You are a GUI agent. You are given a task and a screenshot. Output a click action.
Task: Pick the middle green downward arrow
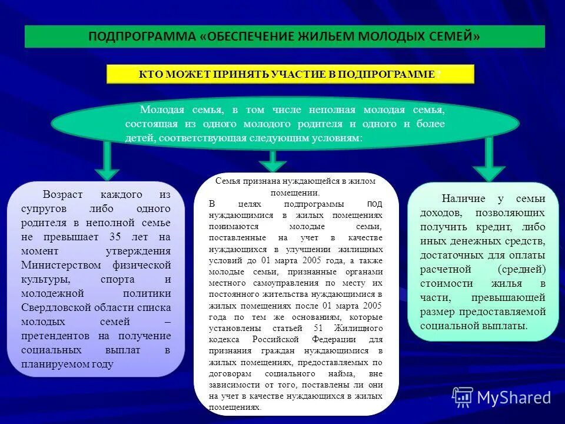[x=272, y=161]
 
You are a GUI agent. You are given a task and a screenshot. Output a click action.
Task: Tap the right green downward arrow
[x=488, y=159]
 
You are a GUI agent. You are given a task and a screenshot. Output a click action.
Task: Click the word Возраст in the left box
[x=62, y=194]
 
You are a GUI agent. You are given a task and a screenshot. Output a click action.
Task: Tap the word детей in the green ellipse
[x=138, y=137]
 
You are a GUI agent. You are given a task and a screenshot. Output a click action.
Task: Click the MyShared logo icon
[x=463, y=397]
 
